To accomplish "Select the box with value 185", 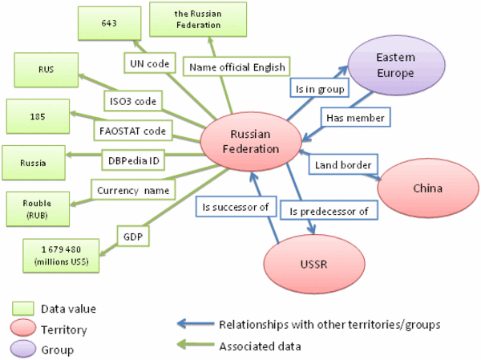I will [38, 115].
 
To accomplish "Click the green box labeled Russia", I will [33, 163].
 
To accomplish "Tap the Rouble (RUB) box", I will [38, 209].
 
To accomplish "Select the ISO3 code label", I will [134, 101].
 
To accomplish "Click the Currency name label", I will [130, 191].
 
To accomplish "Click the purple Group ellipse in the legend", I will [26, 350].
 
